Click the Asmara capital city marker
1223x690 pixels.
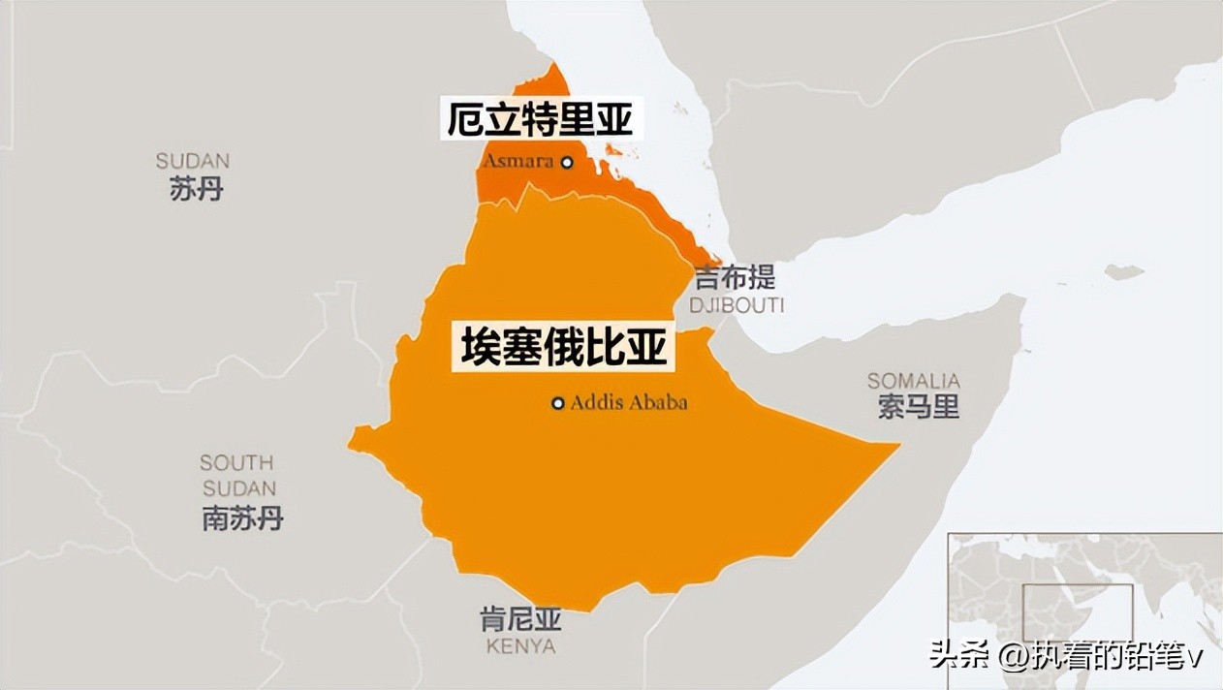pyautogui.click(x=568, y=163)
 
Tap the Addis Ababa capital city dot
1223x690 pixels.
pyautogui.click(x=558, y=403)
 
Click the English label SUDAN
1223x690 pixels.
pyautogui.click(x=193, y=161)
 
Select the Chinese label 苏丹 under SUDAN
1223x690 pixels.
pyautogui.click(x=196, y=189)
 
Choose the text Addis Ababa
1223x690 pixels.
pyautogui.click(x=628, y=403)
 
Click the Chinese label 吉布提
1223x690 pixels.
pyautogui.click(x=736, y=279)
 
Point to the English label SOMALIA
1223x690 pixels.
pyautogui.click(x=913, y=381)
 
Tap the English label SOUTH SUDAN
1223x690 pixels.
pyautogui.click(x=237, y=475)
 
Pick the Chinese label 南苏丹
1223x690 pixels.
pyautogui.click(x=242, y=518)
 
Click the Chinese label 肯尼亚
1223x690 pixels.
pyautogui.click(x=520, y=618)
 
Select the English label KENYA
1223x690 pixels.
pyautogui.click(x=520, y=645)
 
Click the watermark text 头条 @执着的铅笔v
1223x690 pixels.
pyautogui.click(x=1065, y=657)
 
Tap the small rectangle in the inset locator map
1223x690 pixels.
pyautogui.click(x=1078, y=612)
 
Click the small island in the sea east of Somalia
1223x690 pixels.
pyautogui.click(x=1124, y=272)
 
